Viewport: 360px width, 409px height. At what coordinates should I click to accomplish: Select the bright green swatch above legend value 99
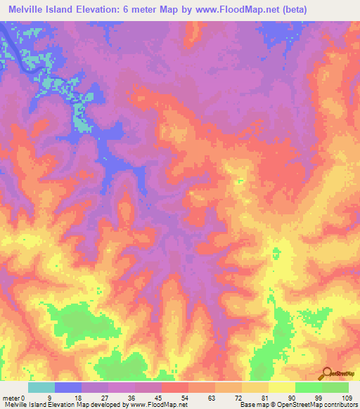click(309, 387)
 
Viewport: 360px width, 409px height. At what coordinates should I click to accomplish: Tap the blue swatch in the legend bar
click(68, 387)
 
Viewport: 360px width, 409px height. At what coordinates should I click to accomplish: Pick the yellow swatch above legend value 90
click(282, 387)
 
